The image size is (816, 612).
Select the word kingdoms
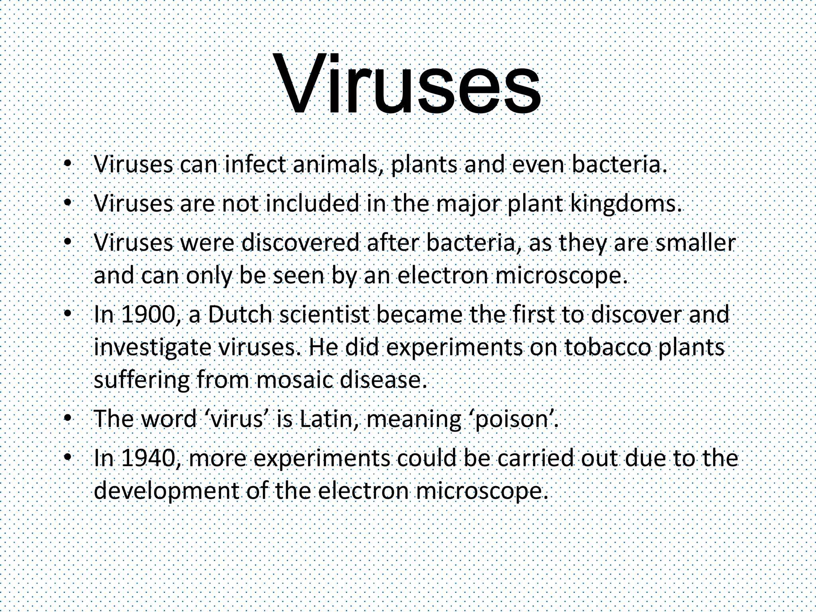tap(624, 204)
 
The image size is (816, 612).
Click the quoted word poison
tap(514, 419)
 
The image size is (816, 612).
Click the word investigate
tap(151, 347)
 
